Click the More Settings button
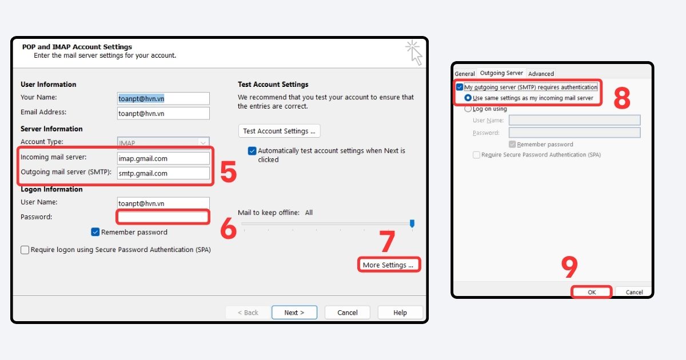pyautogui.click(x=388, y=265)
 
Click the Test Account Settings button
pyautogui.click(x=279, y=131)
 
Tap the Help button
pyautogui.click(x=400, y=313)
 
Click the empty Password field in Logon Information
pyautogui.click(x=163, y=217)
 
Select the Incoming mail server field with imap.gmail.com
pyautogui.click(x=163, y=158)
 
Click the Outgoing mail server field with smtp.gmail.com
pyautogui.click(x=163, y=173)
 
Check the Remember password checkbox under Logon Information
pyautogui.click(x=95, y=232)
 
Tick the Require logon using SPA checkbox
pyautogui.click(x=25, y=250)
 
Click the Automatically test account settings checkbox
pyautogui.click(x=252, y=151)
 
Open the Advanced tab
pyautogui.click(x=541, y=74)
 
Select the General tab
pyautogui.click(x=465, y=74)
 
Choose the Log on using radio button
pyautogui.click(x=469, y=109)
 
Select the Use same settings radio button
pyautogui.click(x=469, y=98)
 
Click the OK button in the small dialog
pyautogui.click(x=592, y=292)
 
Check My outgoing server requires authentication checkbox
pyautogui.click(x=460, y=87)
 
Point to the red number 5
pyautogui.click(x=228, y=173)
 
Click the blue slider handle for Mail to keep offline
pyautogui.click(x=412, y=223)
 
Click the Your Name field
pyautogui.click(x=163, y=98)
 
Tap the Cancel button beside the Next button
pyautogui.click(x=348, y=313)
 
